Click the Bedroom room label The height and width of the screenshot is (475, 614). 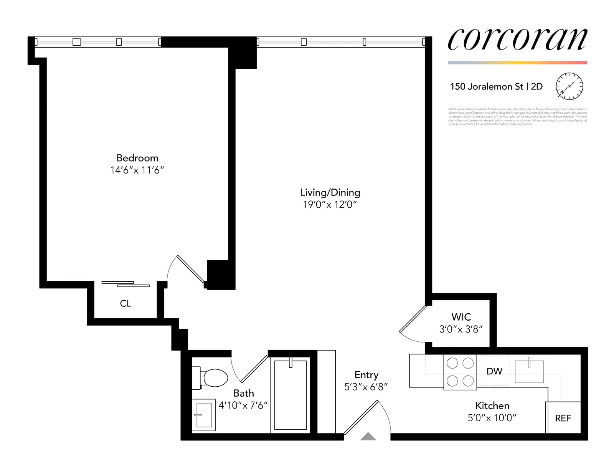click(x=137, y=158)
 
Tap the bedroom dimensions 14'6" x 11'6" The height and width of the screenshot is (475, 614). click(x=137, y=170)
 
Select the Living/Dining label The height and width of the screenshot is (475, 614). click(x=330, y=192)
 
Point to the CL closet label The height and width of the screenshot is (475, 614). click(x=125, y=303)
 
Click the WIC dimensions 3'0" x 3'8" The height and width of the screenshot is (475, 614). click(x=461, y=329)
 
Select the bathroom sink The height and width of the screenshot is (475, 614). click(x=203, y=415)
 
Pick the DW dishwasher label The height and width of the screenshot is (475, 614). click(x=494, y=371)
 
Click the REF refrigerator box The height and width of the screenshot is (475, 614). click(x=563, y=418)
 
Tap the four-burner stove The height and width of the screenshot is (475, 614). click(x=460, y=372)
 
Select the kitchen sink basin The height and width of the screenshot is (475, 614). click(x=529, y=371)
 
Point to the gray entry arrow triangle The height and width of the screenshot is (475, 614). click(x=368, y=436)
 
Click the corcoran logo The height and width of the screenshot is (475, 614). click(x=517, y=39)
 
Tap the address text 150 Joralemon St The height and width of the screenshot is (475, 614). click(x=487, y=87)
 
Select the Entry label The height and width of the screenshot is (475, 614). click(x=366, y=375)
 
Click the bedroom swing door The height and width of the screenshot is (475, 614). click(x=190, y=269)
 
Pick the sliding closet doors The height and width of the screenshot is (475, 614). click(x=125, y=284)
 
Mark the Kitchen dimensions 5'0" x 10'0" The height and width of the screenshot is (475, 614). click(x=492, y=418)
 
